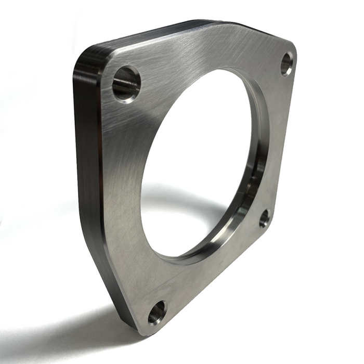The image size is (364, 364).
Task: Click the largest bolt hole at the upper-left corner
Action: (126, 84)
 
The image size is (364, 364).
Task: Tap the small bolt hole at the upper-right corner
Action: (287, 64)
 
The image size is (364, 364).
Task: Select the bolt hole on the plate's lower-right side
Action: (265, 218)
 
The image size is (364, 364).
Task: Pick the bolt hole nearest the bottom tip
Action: (157, 313)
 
